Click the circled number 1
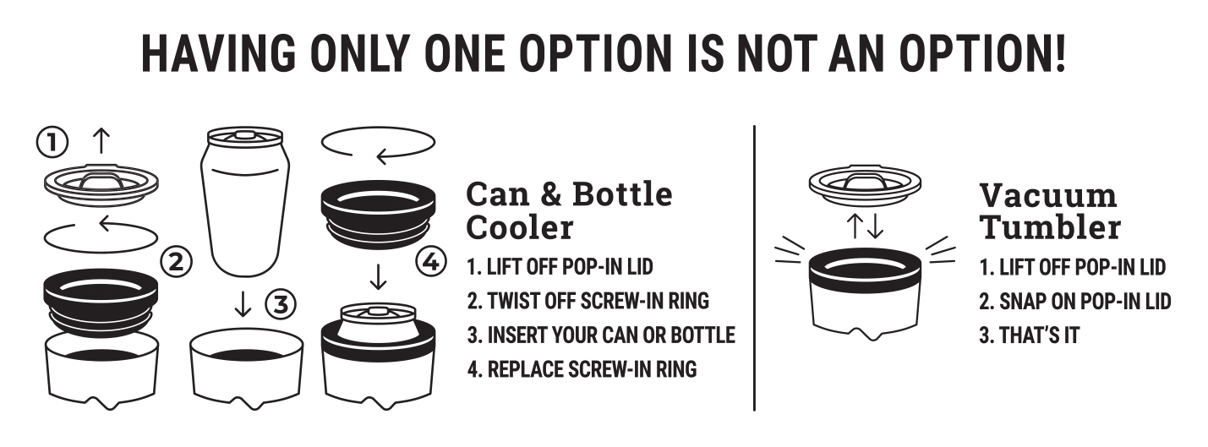point(52,143)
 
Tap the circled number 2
point(177,263)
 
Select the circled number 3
point(281,305)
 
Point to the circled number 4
point(431,263)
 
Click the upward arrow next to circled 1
point(101,141)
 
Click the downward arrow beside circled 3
point(243,304)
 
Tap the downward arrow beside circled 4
point(379,276)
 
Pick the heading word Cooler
point(520,227)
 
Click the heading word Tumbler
point(1051,227)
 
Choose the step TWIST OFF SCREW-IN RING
point(588,301)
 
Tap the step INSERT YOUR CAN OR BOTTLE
point(601,335)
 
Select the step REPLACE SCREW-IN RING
point(582,369)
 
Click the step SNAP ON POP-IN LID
point(1075,302)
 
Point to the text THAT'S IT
point(1030,335)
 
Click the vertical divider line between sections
point(754,268)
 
